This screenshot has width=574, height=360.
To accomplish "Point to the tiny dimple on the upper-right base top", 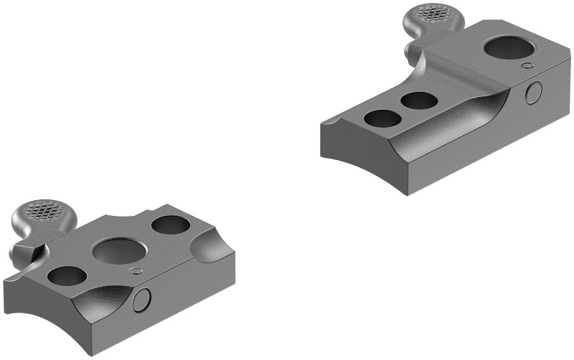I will coord(528,65).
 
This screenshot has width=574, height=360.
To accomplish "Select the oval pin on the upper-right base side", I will coord(533,92).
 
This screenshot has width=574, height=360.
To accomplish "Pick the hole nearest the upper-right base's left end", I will coord(383,118).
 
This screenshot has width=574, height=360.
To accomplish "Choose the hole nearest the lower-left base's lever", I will coord(67,277).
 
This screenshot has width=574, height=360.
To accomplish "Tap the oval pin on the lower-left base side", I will coord(142,300).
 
